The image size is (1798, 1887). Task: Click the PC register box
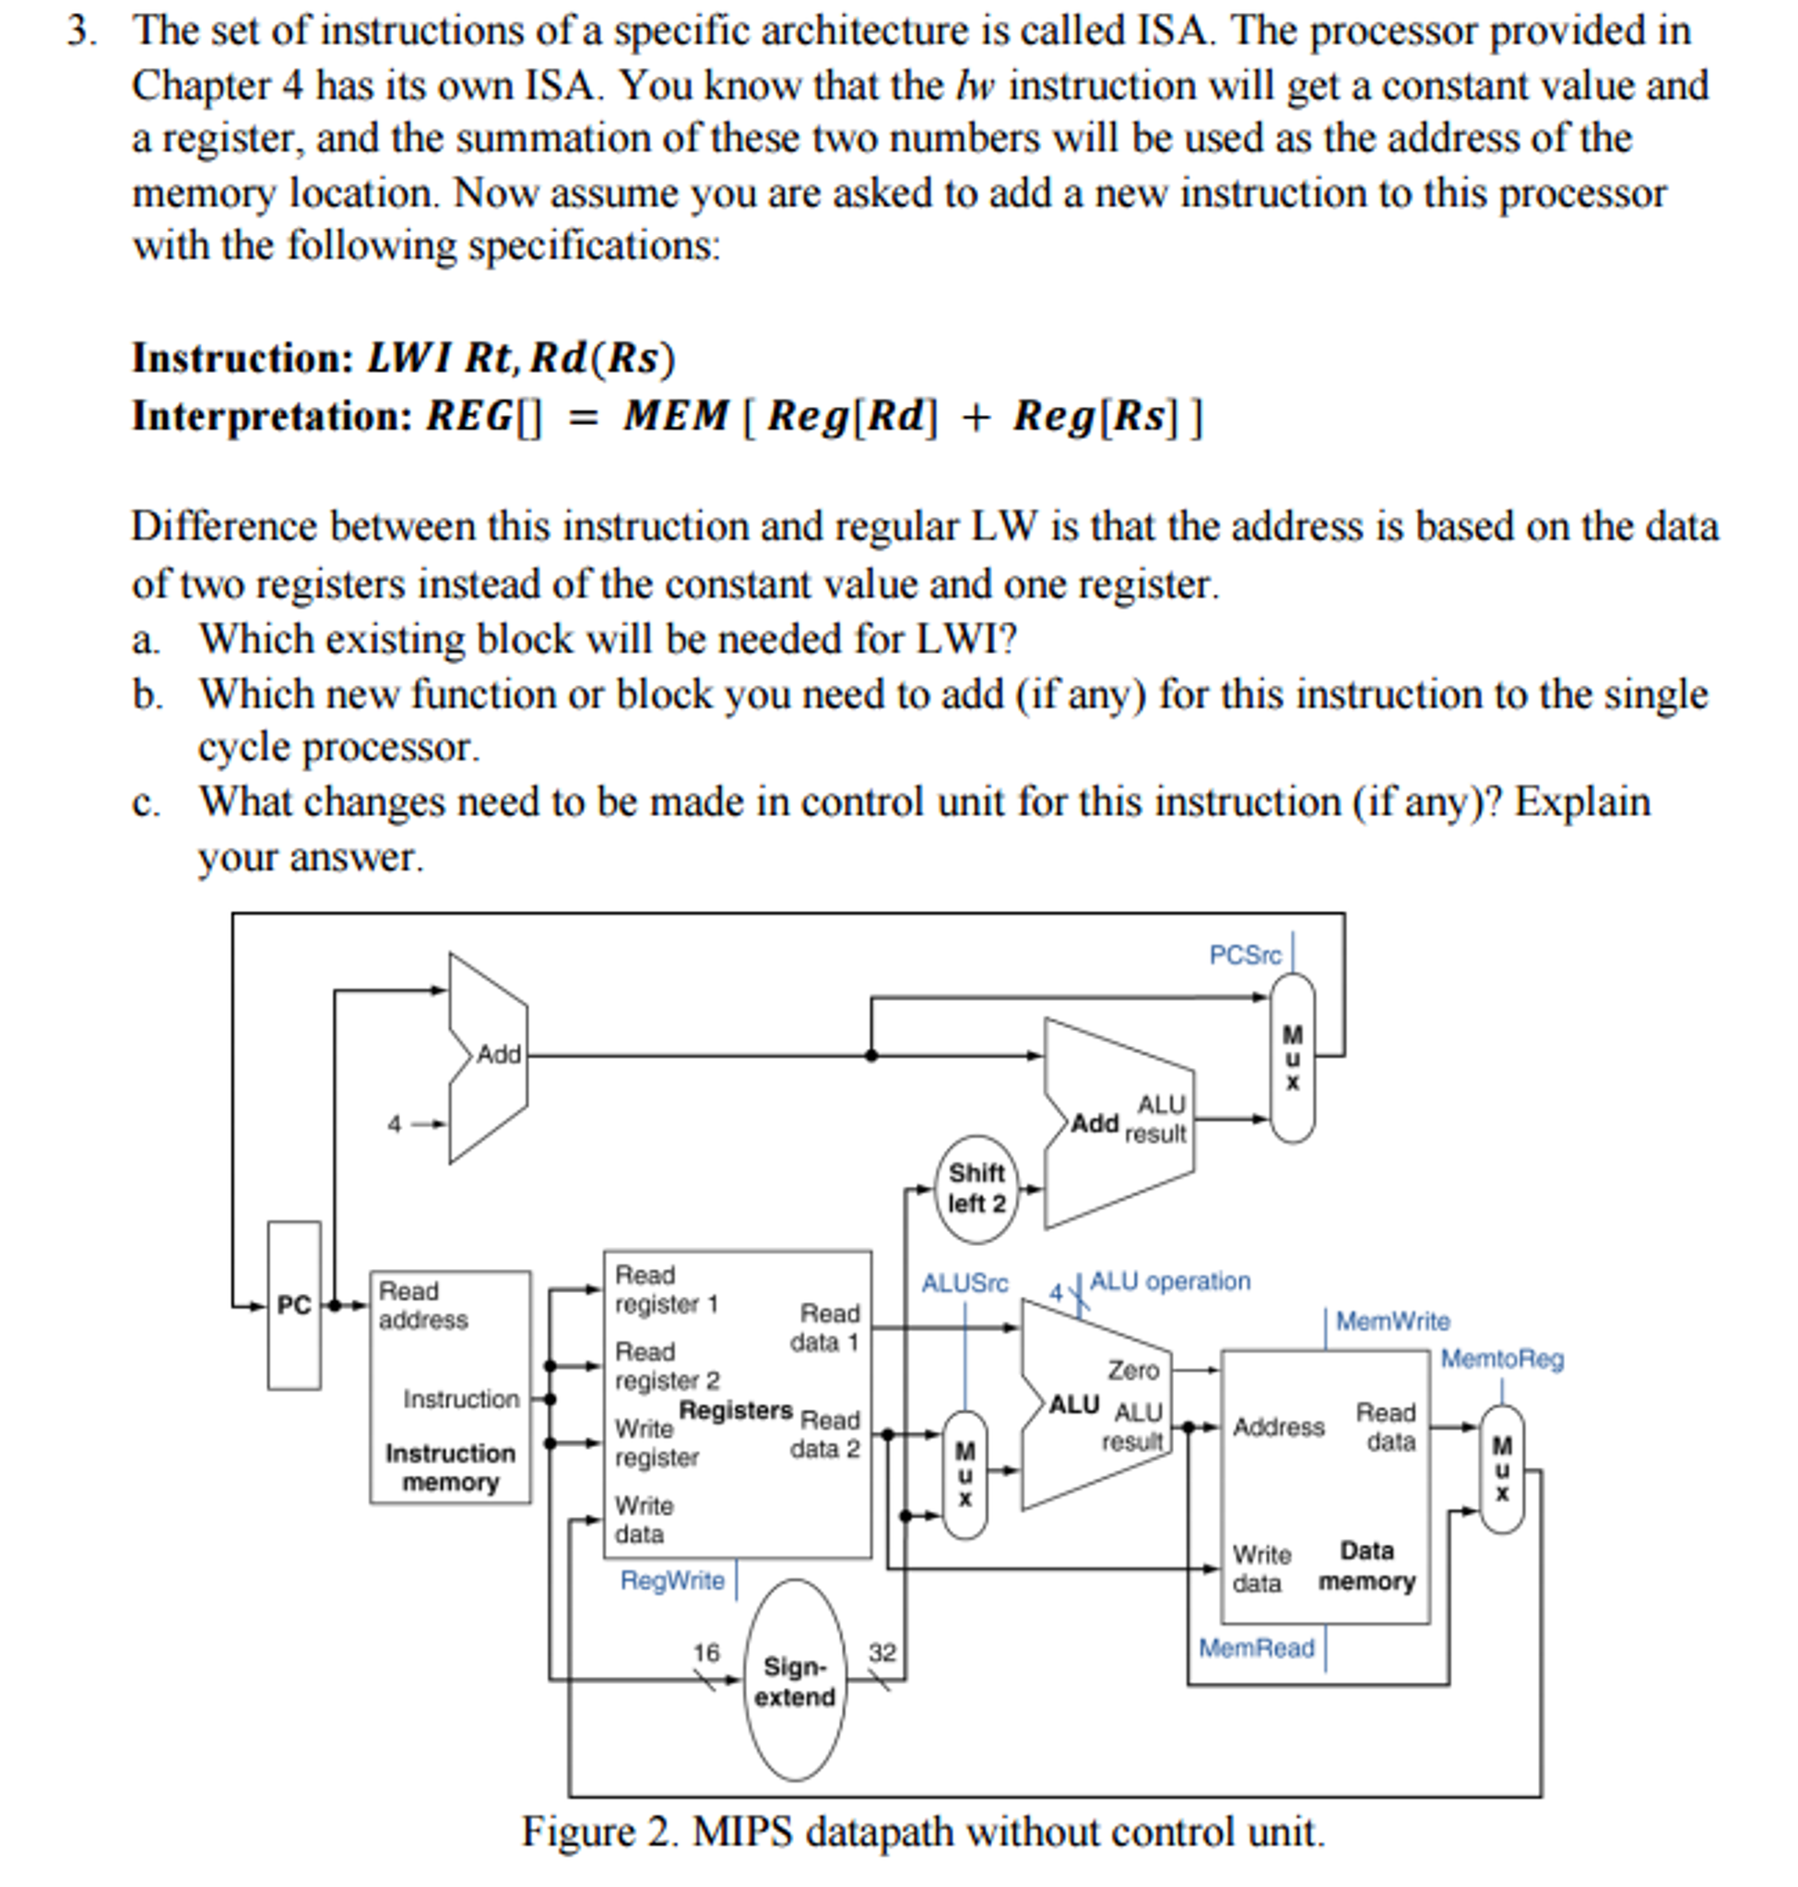pos(294,1304)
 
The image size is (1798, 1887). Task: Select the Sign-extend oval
pos(795,1679)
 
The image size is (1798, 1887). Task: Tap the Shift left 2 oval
pos(976,1188)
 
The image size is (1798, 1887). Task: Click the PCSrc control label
pos(1244,955)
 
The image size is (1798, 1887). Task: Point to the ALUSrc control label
pos(964,1283)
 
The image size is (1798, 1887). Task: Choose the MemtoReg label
pos(1502,1359)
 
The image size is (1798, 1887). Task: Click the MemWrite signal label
pos(1392,1322)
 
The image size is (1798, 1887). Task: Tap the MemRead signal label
pos(1257,1647)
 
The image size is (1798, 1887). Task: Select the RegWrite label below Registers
pos(672,1580)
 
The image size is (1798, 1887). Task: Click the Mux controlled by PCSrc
pos(1293,1058)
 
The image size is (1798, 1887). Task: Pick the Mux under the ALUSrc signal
pos(965,1475)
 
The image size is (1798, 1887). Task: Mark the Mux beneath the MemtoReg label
pos(1502,1469)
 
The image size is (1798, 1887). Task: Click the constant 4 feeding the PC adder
pos(394,1123)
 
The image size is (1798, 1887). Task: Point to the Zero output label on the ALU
pos(1133,1371)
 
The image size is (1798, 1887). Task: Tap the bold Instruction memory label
pos(451,1467)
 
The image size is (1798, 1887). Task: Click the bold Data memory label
pos(1366,1566)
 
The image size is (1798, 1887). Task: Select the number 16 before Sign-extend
pos(706,1652)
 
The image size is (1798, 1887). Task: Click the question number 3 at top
pos(80,30)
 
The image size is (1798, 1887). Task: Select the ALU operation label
pos(1169,1281)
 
